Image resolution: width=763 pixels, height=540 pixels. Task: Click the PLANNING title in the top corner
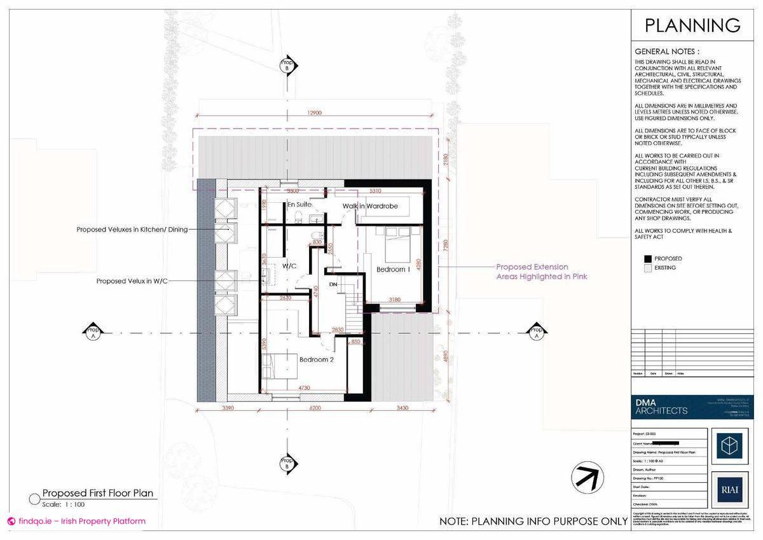coord(692,25)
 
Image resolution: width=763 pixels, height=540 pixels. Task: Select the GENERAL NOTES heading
coord(667,52)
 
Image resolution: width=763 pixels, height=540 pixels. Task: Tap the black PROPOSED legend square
coord(648,258)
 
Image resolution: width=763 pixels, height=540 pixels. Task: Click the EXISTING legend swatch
coord(648,268)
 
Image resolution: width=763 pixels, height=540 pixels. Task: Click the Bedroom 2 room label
coord(317,359)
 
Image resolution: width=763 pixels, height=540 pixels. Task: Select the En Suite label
coord(299,205)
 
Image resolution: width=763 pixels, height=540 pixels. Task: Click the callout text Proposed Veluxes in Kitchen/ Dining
coord(132,230)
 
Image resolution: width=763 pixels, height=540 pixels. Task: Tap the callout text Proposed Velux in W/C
coord(132,280)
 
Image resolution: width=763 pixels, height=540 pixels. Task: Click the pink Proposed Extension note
coord(541,272)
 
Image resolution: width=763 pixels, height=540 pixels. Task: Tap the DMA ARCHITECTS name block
coord(661,406)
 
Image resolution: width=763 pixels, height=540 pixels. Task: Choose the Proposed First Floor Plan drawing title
coord(97,493)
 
